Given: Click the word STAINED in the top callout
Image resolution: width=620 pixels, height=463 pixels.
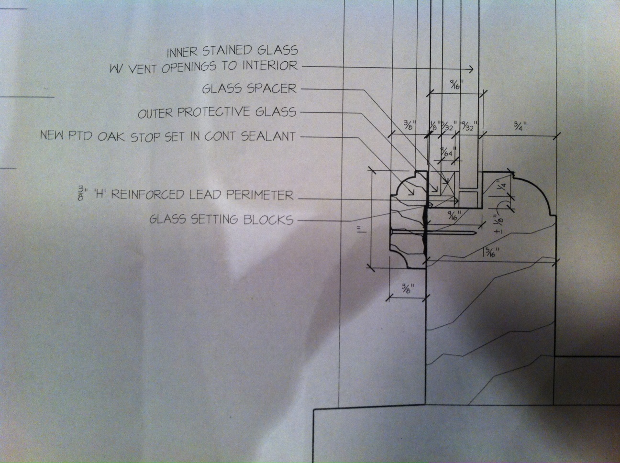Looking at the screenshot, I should coord(231,50).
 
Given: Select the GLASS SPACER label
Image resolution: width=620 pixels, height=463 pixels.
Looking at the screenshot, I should coord(249,88).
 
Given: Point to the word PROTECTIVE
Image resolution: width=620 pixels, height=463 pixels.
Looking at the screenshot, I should coord(215,112).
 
